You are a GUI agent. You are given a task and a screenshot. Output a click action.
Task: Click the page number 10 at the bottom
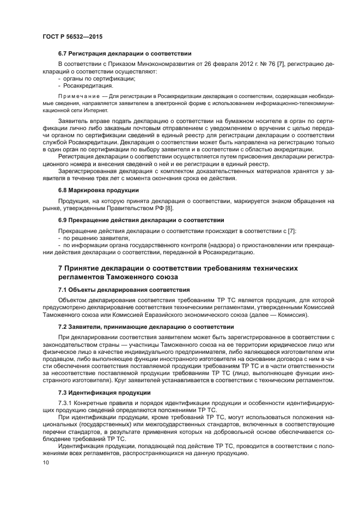(46, 463)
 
